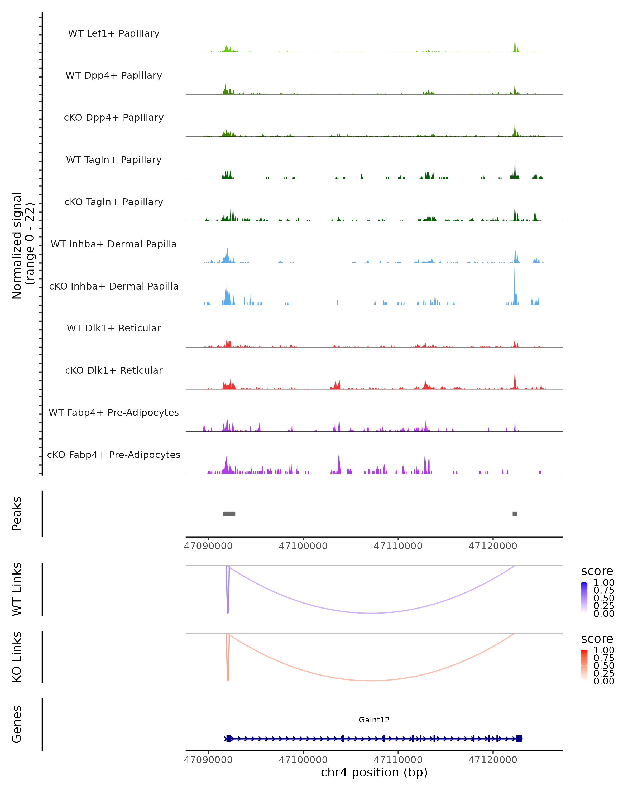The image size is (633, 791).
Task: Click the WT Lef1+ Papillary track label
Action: click(x=114, y=33)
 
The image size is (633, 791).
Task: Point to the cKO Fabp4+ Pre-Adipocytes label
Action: click(x=114, y=455)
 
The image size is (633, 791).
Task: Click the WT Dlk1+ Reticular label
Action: click(x=114, y=328)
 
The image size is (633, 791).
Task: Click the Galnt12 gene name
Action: click(x=374, y=720)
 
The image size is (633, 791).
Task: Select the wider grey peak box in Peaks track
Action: click(x=229, y=514)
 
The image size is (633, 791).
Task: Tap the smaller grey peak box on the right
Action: click(x=515, y=514)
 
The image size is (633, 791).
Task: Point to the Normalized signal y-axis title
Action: click(x=23, y=245)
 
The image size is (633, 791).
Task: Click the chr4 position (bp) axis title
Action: click(x=374, y=772)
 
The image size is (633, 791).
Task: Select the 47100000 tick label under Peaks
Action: click(x=303, y=546)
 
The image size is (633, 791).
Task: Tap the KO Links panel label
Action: click(x=17, y=657)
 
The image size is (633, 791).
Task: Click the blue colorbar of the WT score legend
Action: click(x=584, y=597)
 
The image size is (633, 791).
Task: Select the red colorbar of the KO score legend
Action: click(x=584, y=665)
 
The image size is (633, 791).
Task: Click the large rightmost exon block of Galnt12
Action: click(x=519, y=739)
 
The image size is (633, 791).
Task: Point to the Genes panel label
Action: click(x=17, y=724)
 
